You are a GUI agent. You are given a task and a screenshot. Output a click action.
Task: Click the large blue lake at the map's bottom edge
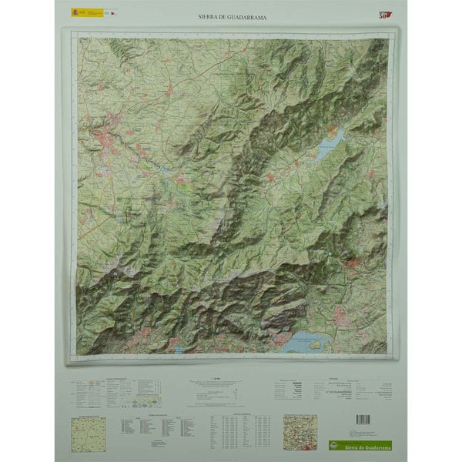coord(304,342)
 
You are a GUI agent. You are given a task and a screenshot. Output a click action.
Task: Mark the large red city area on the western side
coord(102,139)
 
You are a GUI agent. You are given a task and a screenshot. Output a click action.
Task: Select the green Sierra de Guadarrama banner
coord(359,445)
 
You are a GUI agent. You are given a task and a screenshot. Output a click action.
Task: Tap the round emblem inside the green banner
coord(333,445)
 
